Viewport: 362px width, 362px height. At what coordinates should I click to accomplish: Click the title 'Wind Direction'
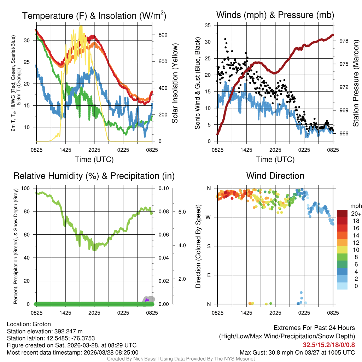275,176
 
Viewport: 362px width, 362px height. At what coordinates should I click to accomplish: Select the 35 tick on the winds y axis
208,25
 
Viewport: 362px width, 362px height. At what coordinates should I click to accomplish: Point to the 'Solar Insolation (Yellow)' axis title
175,83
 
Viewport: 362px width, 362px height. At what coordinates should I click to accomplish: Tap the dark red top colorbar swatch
342,214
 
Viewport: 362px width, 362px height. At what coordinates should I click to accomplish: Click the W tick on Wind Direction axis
209,217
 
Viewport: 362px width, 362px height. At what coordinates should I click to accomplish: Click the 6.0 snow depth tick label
182,212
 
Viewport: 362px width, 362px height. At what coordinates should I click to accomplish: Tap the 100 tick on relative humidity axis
26,188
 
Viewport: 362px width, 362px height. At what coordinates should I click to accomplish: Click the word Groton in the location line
42,324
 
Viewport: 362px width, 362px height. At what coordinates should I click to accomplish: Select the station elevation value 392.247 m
68,331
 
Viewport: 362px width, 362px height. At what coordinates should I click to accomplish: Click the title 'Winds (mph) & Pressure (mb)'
275,15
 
